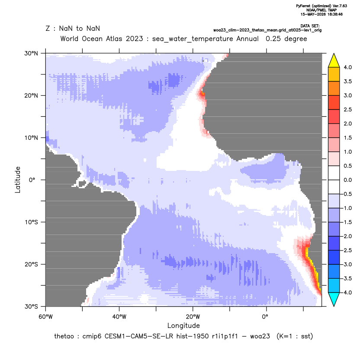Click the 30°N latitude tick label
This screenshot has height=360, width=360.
(x=31, y=53)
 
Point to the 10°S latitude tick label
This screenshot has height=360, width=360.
(x=31, y=222)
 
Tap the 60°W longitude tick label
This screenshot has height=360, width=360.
(x=45, y=317)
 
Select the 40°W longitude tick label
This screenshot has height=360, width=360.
(x=119, y=317)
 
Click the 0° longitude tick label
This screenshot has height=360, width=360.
(x=265, y=317)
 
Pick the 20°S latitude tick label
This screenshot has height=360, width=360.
(x=31, y=264)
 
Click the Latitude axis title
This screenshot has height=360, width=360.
(x=18, y=180)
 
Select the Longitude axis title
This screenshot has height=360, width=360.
(x=183, y=325)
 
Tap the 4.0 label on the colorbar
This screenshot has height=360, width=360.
(x=347, y=67)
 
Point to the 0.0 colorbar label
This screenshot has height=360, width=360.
(x=347, y=180)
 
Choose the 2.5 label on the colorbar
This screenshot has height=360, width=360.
(x=347, y=109)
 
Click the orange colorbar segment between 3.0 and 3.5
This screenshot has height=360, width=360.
(x=334, y=88)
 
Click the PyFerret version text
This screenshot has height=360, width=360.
(x=321, y=6)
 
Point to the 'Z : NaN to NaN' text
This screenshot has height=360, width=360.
(x=73, y=29)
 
